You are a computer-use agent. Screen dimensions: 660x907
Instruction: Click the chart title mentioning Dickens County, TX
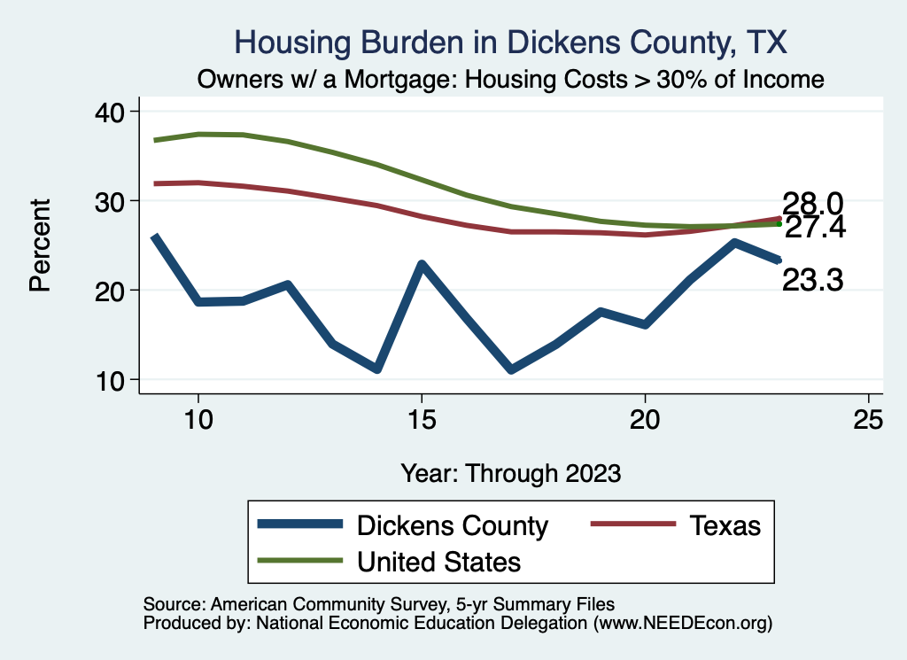coord(509,42)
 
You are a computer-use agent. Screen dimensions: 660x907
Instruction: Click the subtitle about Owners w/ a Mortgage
coord(510,79)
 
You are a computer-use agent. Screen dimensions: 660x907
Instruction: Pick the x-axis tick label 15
coord(422,420)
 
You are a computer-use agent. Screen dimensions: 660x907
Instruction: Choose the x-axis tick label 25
coord(868,420)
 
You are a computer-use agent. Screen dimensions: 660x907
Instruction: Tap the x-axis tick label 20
coord(645,420)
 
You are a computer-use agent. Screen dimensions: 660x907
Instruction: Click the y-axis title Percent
coord(39,245)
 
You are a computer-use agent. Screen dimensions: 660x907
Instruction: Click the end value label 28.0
coord(811,203)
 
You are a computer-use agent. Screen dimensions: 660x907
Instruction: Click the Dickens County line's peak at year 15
coord(422,264)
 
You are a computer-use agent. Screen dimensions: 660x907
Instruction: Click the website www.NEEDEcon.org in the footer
coord(682,623)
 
